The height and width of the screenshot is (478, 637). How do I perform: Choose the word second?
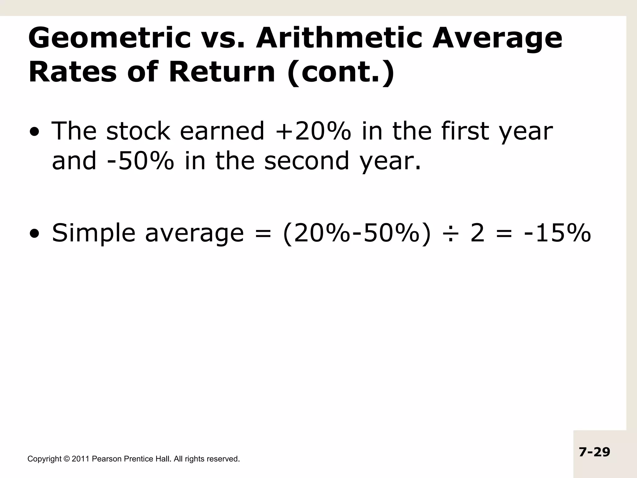307,161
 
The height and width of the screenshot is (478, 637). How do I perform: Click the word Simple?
93,233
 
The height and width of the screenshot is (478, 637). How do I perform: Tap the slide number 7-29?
594,452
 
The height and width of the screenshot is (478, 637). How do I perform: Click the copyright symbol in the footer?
67,459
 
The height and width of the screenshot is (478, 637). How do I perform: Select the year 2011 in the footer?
81,459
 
